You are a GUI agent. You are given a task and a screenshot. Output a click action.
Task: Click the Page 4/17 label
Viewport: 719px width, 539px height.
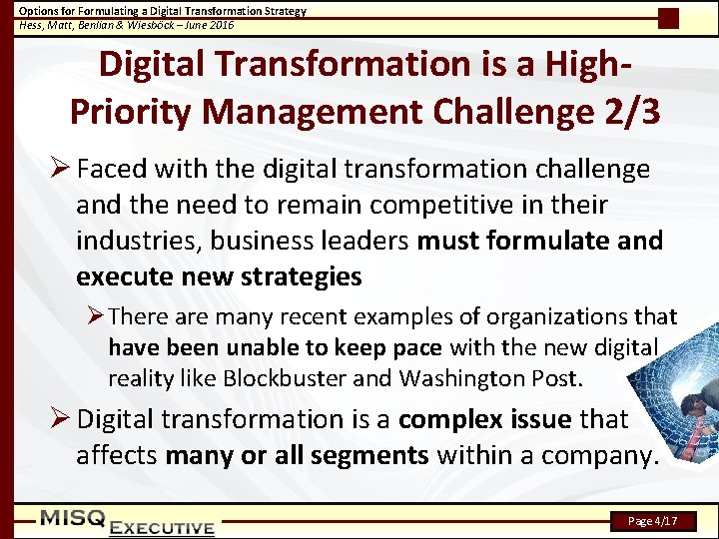[653, 521]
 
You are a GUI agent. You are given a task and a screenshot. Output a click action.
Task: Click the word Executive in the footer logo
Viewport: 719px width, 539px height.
[162, 527]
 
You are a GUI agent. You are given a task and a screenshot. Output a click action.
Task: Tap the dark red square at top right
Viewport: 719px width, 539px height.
[669, 18]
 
